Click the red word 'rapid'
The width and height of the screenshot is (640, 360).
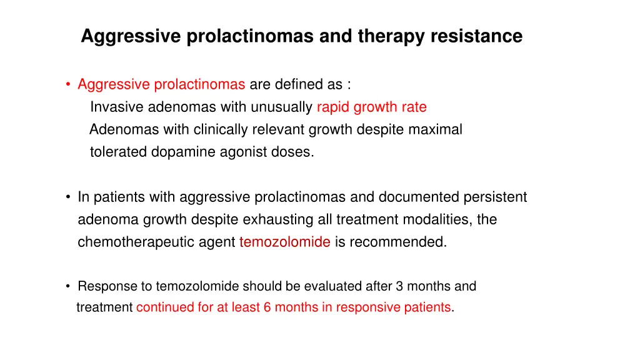pyautogui.click(x=333, y=107)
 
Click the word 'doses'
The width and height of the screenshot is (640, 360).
pyautogui.click(x=294, y=152)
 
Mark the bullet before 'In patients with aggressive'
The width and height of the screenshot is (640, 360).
pyautogui.click(x=67, y=197)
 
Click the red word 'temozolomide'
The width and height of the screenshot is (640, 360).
pyautogui.click(x=284, y=242)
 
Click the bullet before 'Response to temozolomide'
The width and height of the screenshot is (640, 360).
pyautogui.click(x=67, y=287)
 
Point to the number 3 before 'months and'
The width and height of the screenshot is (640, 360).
pyautogui.click(x=400, y=286)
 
